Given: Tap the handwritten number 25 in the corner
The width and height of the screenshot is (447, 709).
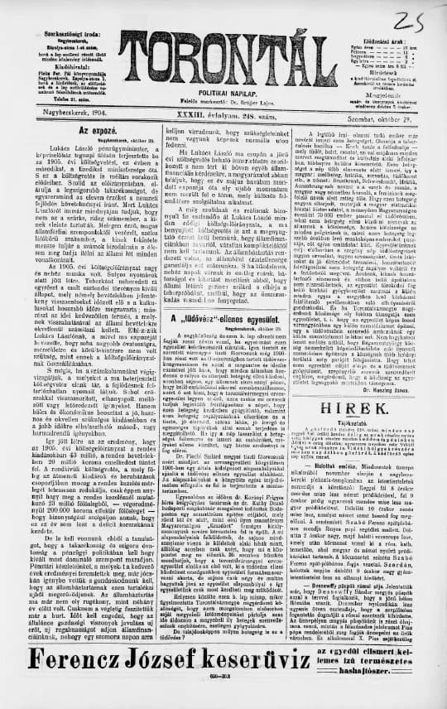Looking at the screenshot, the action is (x=421, y=18).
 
